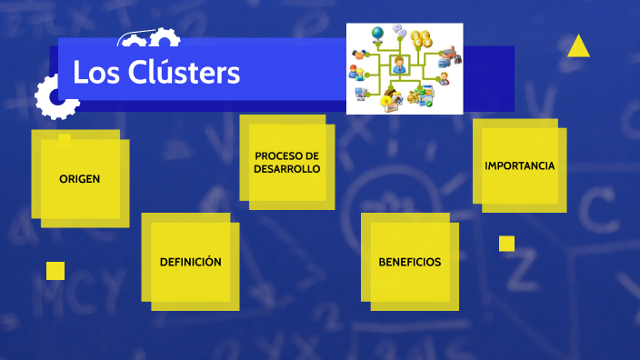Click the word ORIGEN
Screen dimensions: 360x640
tap(80, 178)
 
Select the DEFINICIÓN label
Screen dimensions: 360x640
tap(191, 262)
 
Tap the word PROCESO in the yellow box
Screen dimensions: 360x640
tap(287, 155)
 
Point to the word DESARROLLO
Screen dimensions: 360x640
tap(287, 169)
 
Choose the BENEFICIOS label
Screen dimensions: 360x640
tap(409, 262)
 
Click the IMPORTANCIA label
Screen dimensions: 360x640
tap(520, 166)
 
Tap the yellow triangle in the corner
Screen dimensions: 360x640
tap(578, 46)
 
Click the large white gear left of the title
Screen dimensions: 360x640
tap(55, 96)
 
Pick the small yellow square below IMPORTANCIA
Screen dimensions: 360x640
tap(506, 244)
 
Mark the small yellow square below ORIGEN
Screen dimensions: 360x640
tap(55, 270)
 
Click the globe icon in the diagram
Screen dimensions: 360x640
tap(376, 35)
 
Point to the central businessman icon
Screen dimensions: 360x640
tap(398, 65)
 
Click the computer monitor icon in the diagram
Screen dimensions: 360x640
tap(362, 92)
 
